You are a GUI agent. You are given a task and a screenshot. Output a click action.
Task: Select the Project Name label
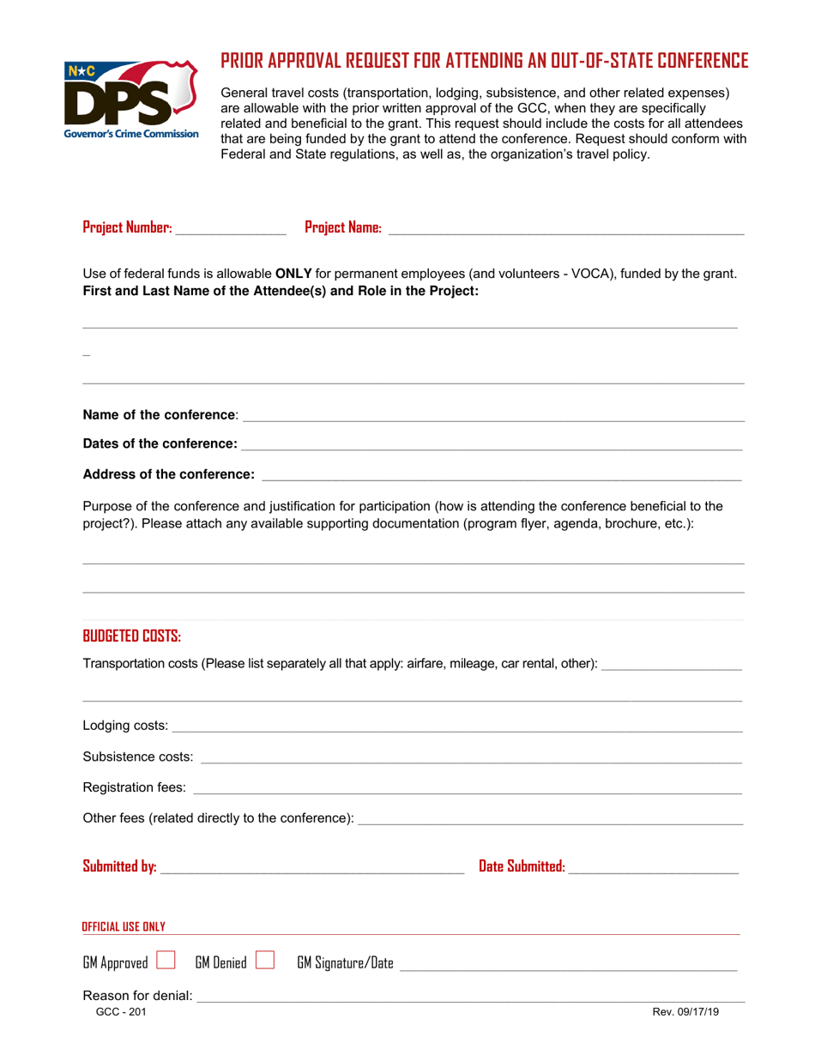343,228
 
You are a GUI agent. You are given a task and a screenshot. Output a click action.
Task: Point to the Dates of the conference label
160,444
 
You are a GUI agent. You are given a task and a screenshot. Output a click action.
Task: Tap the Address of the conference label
168,474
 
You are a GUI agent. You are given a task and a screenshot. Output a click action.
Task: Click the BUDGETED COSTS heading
131,636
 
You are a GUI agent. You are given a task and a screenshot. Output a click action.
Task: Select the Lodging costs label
125,727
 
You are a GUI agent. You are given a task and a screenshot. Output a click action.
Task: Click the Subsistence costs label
138,757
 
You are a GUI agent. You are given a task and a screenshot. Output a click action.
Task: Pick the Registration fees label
134,787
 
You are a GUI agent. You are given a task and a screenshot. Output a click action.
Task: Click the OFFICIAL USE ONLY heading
123,927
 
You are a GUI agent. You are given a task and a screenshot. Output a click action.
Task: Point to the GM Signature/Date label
346,964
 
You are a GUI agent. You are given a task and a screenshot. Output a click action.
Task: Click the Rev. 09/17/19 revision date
685,1012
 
